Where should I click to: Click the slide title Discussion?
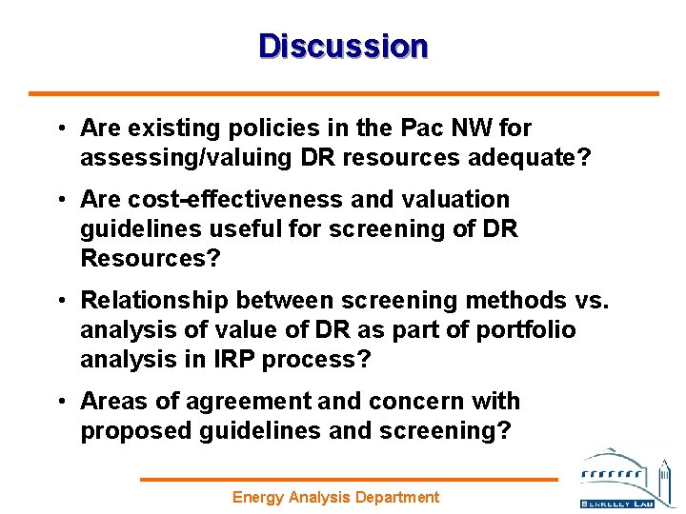[x=343, y=46]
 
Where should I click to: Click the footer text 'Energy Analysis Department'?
[x=336, y=497]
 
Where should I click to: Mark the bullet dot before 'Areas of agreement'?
[x=60, y=403]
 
